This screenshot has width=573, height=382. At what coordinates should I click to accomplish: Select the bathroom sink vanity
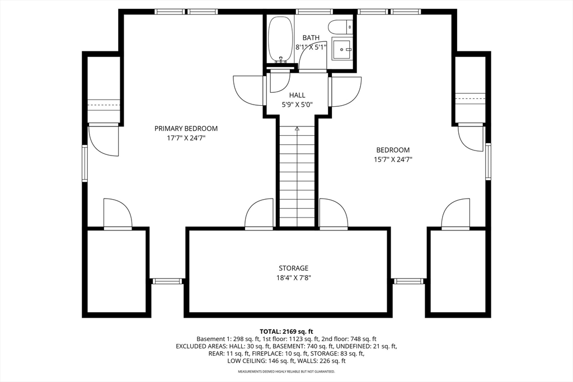pyautogui.click(x=342, y=49)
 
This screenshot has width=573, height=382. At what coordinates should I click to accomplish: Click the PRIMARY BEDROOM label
pyautogui.click(x=186, y=129)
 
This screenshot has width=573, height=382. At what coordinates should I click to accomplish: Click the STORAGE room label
pyautogui.click(x=294, y=268)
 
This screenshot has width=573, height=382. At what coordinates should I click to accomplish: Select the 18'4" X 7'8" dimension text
pyautogui.click(x=294, y=277)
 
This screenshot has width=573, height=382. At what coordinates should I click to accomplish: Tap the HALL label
pyautogui.click(x=297, y=95)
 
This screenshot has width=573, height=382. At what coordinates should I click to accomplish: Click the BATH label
pyautogui.click(x=311, y=38)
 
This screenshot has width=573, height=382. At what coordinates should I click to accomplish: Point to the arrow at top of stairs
pyautogui.click(x=297, y=129)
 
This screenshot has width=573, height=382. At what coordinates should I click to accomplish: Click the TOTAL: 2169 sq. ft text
pyautogui.click(x=286, y=331)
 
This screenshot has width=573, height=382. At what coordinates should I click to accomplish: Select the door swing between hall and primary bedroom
pyautogui.click(x=248, y=90)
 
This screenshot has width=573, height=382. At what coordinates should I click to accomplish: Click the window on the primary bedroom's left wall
pyautogui.click(x=85, y=163)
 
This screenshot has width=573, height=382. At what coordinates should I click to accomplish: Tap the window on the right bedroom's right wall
pyautogui.click(x=488, y=162)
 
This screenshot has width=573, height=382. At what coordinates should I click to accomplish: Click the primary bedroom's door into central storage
pyautogui.click(x=259, y=215)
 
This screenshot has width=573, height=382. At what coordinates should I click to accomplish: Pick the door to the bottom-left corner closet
pyautogui.click(x=118, y=215)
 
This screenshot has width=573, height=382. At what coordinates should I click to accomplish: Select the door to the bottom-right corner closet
pyautogui.click(x=455, y=215)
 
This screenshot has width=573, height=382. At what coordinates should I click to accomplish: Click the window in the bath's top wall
pyautogui.click(x=314, y=11)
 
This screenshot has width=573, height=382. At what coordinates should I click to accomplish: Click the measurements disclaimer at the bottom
pyautogui.click(x=286, y=372)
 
